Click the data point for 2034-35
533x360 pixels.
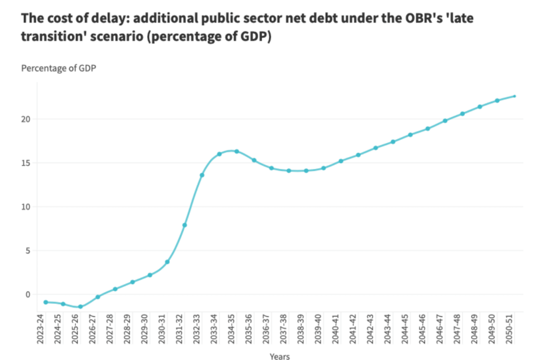(236, 151)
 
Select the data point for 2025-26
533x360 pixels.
(80, 307)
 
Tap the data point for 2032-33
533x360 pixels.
(202, 175)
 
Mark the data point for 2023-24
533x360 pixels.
(46, 302)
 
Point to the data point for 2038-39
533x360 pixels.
(306, 171)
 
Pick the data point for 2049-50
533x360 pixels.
(497, 101)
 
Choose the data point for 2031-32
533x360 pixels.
(184, 225)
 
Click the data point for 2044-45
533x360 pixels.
(410, 135)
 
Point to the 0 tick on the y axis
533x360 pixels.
(28, 294)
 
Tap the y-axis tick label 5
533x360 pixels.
(28, 251)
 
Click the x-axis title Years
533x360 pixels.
(280, 356)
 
